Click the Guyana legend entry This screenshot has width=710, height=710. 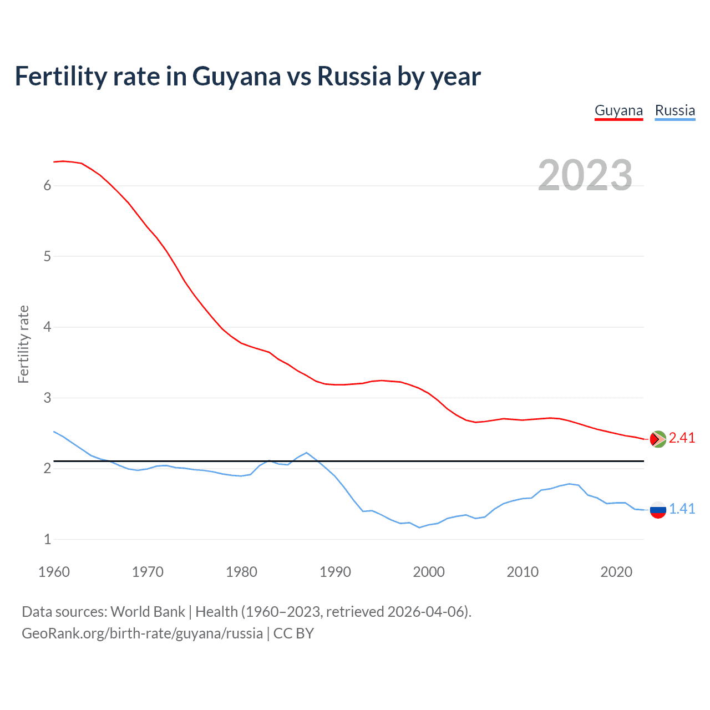pos(618,110)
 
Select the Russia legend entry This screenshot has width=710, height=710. pos(674,110)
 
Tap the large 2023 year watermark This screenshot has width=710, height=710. pos(585,175)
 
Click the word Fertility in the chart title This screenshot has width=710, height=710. pos(60,76)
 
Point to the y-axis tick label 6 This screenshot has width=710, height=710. pos(47,185)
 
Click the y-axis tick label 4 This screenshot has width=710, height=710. pos(47,327)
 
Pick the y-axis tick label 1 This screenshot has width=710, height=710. pos(47,539)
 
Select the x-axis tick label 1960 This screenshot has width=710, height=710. pos(54,572)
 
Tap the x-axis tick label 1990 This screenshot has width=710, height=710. pos(335,572)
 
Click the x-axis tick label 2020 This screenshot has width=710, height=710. pos(616,572)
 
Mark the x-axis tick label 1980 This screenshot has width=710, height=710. pos(241,572)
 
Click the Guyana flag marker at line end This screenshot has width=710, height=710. pos(658,439)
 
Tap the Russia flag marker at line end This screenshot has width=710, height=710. pos(658,509)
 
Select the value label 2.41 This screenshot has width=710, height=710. pos(682,438)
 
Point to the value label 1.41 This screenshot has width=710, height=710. pos(682,509)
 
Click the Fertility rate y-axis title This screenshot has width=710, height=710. pos(23,344)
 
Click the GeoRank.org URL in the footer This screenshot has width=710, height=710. pos(142,633)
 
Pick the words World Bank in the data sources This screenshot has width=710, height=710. pos(148,612)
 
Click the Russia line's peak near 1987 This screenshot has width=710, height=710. pos(307,453)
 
